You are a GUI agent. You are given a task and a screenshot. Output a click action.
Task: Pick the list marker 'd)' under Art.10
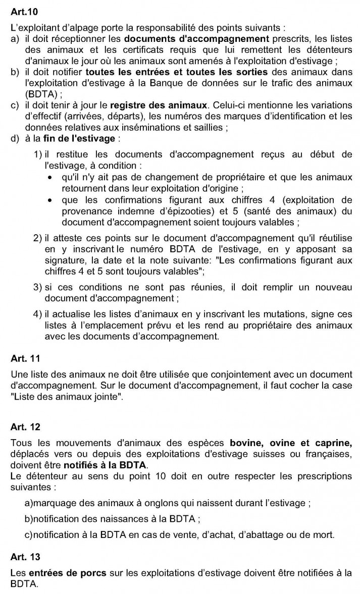[14, 138]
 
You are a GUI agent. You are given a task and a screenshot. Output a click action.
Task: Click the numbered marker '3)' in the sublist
[37, 287]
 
